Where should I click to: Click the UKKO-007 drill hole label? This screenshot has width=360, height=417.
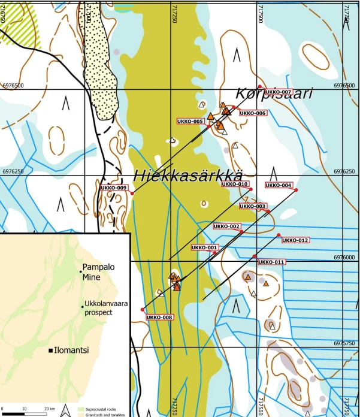(278, 92)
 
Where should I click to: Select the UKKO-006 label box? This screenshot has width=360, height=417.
(252, 113)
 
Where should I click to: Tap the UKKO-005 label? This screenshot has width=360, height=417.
(191, 121)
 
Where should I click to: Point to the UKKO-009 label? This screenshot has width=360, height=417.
(114, 188)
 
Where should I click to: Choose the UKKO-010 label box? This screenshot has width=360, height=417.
(235, 184)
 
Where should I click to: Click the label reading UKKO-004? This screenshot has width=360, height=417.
(279, 185)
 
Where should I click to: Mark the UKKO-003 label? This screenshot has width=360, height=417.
(252, 206)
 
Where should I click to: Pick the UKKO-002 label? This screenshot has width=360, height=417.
(227, 226)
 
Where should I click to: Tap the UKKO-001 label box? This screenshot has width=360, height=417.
(205, 247)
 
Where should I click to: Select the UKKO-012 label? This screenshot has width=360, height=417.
(295, 240)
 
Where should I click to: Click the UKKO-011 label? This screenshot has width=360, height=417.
(271, 262)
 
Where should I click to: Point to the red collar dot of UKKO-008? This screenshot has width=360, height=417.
(143, 309)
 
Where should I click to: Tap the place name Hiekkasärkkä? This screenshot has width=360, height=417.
(187, 176)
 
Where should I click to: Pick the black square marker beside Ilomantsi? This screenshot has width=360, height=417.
(52, 350)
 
